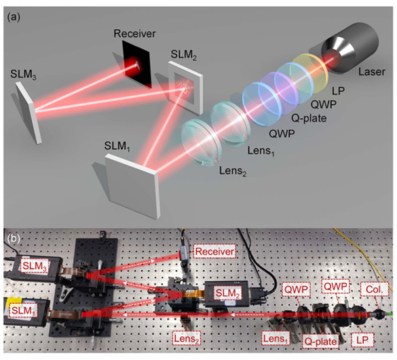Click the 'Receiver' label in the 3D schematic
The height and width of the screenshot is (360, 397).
click(134, 34)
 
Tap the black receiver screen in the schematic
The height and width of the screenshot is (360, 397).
click(137, 65)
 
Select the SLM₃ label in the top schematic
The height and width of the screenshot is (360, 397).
click(23, 75)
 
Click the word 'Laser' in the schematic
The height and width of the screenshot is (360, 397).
click(371, 72)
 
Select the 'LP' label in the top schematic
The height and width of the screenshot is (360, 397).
click(338, 91)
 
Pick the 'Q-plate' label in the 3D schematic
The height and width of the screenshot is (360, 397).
click(309, 118)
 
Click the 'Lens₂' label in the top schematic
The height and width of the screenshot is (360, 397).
click(233, 172)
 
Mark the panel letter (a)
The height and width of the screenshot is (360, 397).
click(14, 17)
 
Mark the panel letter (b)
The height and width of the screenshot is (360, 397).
click(14, 239)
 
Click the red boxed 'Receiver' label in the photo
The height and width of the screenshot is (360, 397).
click(214, 252)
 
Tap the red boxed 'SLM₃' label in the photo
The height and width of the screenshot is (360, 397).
click(35, 266)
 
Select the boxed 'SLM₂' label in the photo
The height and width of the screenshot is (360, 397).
click(227, 294)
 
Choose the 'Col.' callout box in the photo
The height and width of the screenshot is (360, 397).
click(374, 289)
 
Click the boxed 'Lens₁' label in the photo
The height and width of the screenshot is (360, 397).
click(276, 339)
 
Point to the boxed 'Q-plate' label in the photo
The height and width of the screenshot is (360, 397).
click(320, 342)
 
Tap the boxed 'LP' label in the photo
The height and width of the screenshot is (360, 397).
click(362, 340)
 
